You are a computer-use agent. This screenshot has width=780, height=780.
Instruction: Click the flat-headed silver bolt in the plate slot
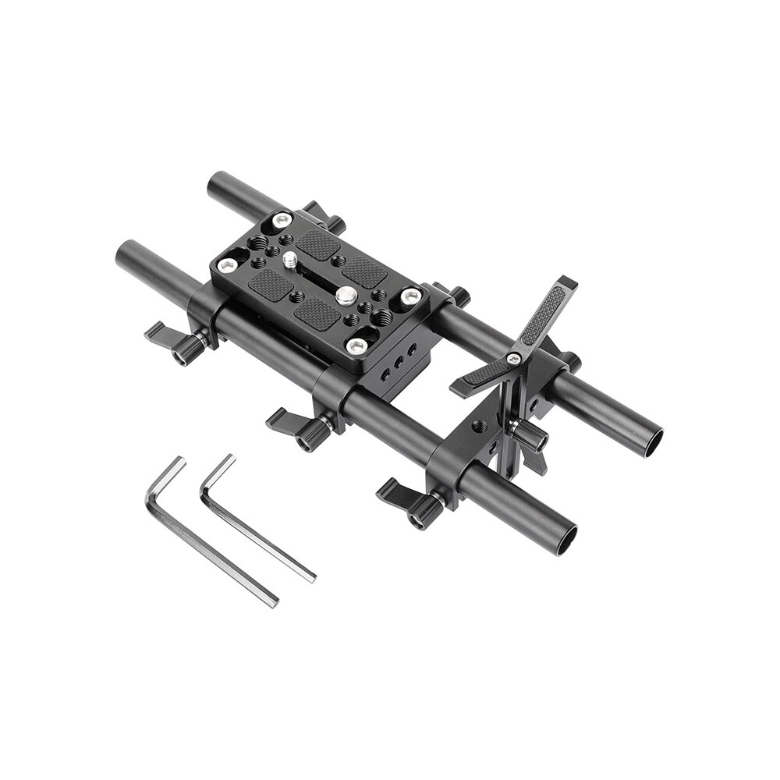[346, 294]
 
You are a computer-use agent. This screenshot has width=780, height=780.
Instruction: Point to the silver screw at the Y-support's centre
[513, 358]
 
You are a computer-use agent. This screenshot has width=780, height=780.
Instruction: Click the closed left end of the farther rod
[215, 185]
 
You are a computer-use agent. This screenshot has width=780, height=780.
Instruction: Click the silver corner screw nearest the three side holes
[356, 346]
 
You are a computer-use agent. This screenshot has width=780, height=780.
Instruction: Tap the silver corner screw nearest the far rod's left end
[282, 221]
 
